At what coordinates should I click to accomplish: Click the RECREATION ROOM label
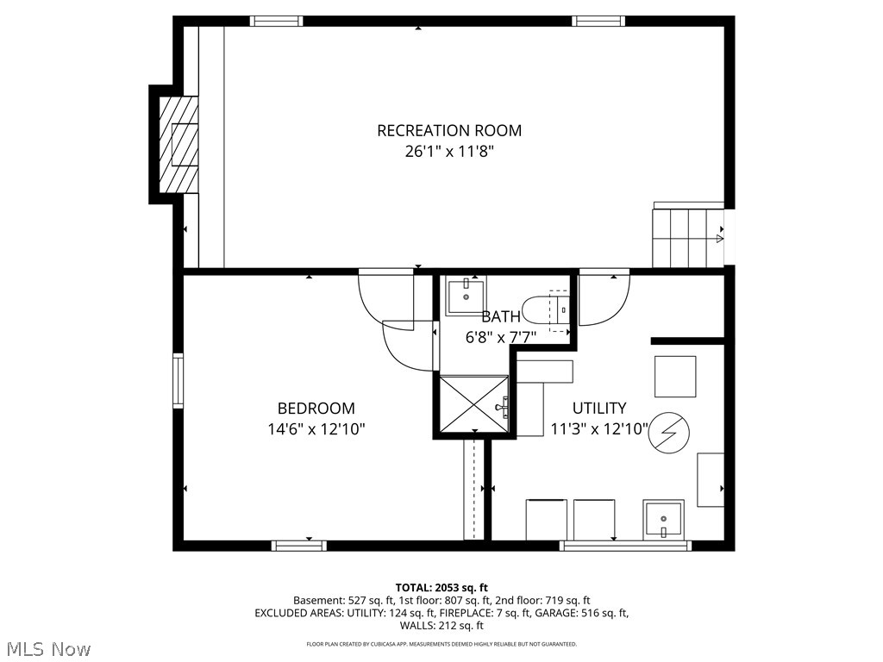pyautogui.click(x=448, y=131)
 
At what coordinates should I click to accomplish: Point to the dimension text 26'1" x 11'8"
pyautogui.click(x=448, y=152)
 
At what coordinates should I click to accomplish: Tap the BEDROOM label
pyautogui.click(x=316, y=409)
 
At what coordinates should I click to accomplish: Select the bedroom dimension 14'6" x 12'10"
pyautogui.click(x=316, y=428)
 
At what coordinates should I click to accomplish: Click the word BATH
pyautogui.click(x=501, y=316)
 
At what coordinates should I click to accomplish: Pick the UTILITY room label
pyautogui.click(x=598, y=409)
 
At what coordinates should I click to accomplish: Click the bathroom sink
pyautogui.click(x=466, y=296)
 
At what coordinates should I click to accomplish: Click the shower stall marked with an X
pyautogui.click(x=473, y=403)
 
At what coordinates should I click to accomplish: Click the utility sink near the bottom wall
pyautogui.click(x=663, y=520)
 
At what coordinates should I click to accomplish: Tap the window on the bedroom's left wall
pyautogui.click(x=178, y=380)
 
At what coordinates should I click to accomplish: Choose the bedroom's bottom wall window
pyautogui.click(x=298, y=545)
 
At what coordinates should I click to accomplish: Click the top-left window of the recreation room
pyautogui.click(x=276, y=22)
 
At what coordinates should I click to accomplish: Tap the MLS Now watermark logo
pyautogui.click(x=47, y=647)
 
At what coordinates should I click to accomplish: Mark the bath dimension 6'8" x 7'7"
pyautogui.click(x=501, y=337)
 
